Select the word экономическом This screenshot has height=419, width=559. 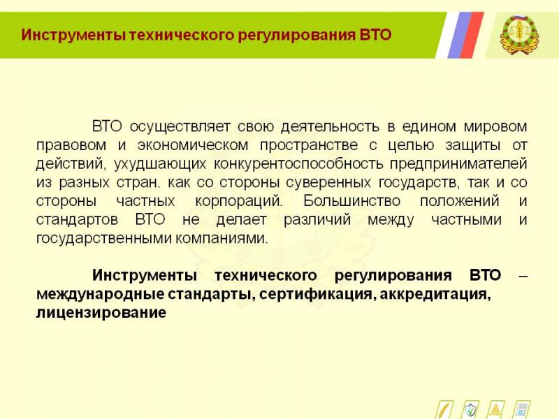click(193, 145)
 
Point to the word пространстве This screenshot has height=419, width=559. click(309, 146)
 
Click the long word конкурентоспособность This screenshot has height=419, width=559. click(298, 164)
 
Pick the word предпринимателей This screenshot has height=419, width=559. click(458, 164)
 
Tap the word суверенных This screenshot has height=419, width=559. click(328, 183)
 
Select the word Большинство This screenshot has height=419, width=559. click(352, 201)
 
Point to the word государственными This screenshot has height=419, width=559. click(104, 238)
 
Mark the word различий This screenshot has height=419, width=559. click(317, 220)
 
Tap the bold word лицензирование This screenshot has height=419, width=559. click(101, 313)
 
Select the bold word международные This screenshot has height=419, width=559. click(100, 295)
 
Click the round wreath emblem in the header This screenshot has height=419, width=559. click(519, 34)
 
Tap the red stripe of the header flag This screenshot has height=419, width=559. click(472, 35)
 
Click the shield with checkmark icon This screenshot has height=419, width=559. click(471, 410)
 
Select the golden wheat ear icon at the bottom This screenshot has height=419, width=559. click(444, 410)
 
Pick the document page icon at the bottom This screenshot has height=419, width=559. click(522, 410)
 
